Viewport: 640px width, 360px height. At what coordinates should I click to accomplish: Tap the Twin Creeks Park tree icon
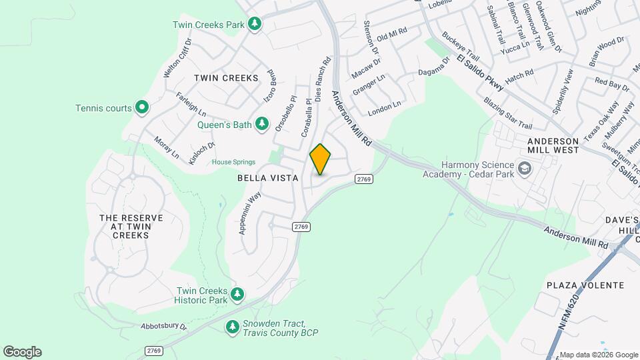coord(254,25)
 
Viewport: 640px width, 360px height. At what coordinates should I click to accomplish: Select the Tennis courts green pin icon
coord(141,107)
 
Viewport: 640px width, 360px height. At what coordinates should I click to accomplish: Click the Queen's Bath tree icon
coord(262,124)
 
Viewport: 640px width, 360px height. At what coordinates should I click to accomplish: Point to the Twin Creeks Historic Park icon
coord(237,294)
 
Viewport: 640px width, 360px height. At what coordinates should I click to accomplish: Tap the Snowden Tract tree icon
coord(232,327)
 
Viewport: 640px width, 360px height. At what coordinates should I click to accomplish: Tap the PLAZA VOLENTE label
coord(585,285)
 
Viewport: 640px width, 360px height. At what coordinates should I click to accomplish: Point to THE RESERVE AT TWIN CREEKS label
coord(126,227)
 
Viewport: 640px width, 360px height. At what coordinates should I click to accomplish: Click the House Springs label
coord(234,162)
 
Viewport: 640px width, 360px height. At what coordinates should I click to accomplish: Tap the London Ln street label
coord(385,105)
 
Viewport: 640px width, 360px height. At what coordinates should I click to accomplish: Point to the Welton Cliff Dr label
coord(177,58)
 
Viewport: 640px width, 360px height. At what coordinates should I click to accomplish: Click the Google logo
coord(22,352)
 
